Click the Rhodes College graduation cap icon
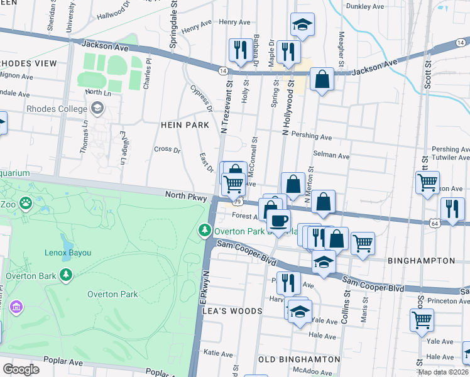97,109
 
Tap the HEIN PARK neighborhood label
185,125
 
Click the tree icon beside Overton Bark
65,275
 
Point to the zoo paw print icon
25,203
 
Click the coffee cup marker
278,221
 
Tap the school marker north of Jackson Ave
302,25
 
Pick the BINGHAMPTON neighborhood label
420,260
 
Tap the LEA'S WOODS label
231,311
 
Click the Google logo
21,369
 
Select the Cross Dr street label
167,150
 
